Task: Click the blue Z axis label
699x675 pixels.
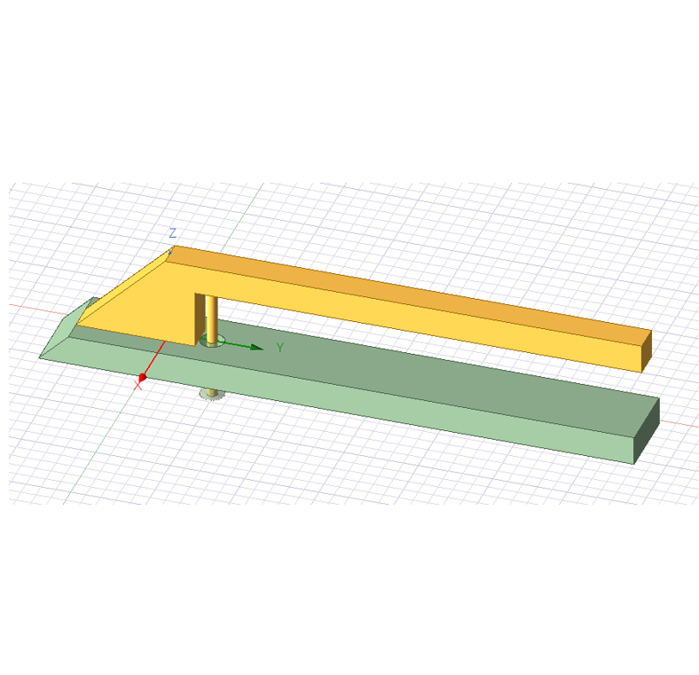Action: coord(172,232)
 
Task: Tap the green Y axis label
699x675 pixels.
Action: coord(280,348)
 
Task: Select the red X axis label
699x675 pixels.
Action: coord(137,386)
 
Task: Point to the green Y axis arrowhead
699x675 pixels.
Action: coord(256,348)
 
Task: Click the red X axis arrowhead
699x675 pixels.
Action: coord(142,378)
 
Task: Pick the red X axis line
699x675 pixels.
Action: coord(154,359)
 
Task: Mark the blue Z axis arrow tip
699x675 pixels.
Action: coord(170,252)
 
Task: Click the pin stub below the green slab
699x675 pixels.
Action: coord(212,394)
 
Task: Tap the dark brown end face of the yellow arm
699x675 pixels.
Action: coord(647,351)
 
